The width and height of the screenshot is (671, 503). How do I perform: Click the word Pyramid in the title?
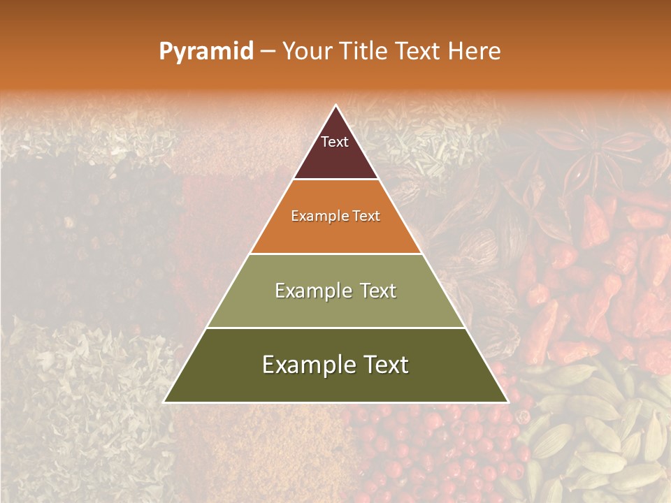click(x=206, y=52)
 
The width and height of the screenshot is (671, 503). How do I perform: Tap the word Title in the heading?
click(x=366, y=52)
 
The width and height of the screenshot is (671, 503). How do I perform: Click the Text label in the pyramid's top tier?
click(x=335, y=142)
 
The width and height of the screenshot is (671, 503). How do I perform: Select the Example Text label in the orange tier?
click(x=335, y=217)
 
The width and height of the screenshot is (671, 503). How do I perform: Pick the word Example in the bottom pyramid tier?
click(x=305, y=365)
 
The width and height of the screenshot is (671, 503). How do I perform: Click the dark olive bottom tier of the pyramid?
click(x=335, y=384)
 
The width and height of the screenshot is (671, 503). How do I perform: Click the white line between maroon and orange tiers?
click(x=335, y=180)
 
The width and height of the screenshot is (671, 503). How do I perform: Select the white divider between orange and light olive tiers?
click(x=335, y=254)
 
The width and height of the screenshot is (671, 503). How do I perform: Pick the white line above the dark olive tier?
click(x=335, y=328)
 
